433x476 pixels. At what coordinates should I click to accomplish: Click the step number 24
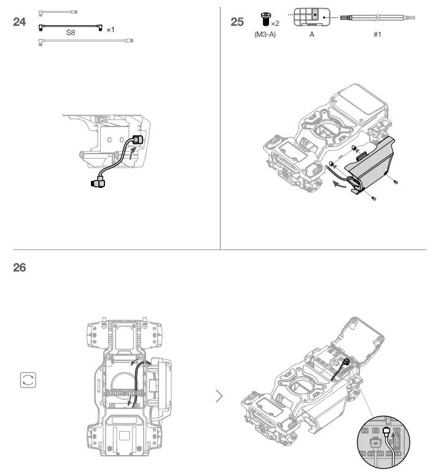coord(20,22)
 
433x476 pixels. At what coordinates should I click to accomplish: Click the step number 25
coord(237,22)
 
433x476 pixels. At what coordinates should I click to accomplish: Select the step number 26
coord(20,268)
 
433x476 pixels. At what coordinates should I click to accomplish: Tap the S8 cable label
coord(71,35)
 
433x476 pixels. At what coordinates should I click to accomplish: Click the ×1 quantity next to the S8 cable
coord(111,29)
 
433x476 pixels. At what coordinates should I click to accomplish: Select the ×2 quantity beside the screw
coord(276,23)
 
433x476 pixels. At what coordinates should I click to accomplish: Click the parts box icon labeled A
coord(312,17)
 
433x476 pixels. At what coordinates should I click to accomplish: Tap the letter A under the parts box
coord(312,34)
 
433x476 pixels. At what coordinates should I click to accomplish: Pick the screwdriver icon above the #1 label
coord(376,18)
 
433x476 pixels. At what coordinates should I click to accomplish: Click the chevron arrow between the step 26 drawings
coord(219,396)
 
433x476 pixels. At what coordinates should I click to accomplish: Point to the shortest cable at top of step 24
coord(58,11)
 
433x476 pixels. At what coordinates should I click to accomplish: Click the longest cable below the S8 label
coord(86,42)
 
